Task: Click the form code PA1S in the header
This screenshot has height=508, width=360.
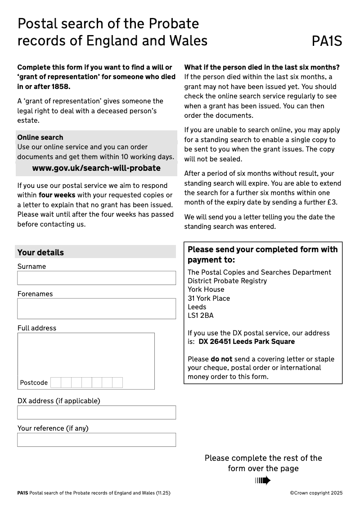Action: click(x=327, y=41)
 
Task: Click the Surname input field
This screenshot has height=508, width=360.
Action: click(x=96, y=278)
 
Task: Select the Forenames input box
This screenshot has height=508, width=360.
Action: click(x=96, y=308)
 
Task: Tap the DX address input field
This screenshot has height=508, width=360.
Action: click(x=96, y=412)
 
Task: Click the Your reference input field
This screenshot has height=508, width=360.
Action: click(x=96, y=440)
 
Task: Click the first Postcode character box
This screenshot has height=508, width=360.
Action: click(x=56, y=383)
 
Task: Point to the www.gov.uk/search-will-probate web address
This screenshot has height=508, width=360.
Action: click(x=96, y=168)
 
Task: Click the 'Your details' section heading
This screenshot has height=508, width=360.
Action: click(x=40, y=252)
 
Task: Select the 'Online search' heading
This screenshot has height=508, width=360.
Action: click(x=40, y=137)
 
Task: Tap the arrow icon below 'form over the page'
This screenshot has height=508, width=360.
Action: click(x=263, y=481)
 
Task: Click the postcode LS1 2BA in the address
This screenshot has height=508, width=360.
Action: click(x=201, y=316)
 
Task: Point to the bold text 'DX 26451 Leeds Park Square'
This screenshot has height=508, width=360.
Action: click(x=247, y=342)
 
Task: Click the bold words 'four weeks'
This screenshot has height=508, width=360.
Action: click(x=57, y=195)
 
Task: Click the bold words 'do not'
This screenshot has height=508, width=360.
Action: click(x=221, y=359)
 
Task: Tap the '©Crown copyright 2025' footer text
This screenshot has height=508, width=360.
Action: click(x=316, y=493)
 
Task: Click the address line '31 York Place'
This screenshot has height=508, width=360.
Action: click(x=209, y=299)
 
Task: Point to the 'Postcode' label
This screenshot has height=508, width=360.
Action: click(x=34, y=383)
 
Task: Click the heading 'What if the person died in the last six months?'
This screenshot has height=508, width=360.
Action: click(x=262, y=67)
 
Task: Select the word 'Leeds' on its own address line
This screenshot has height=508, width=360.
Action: click(x=197, y=307)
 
